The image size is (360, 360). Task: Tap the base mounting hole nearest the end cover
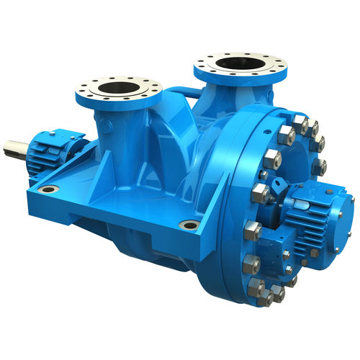click(189, 225)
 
